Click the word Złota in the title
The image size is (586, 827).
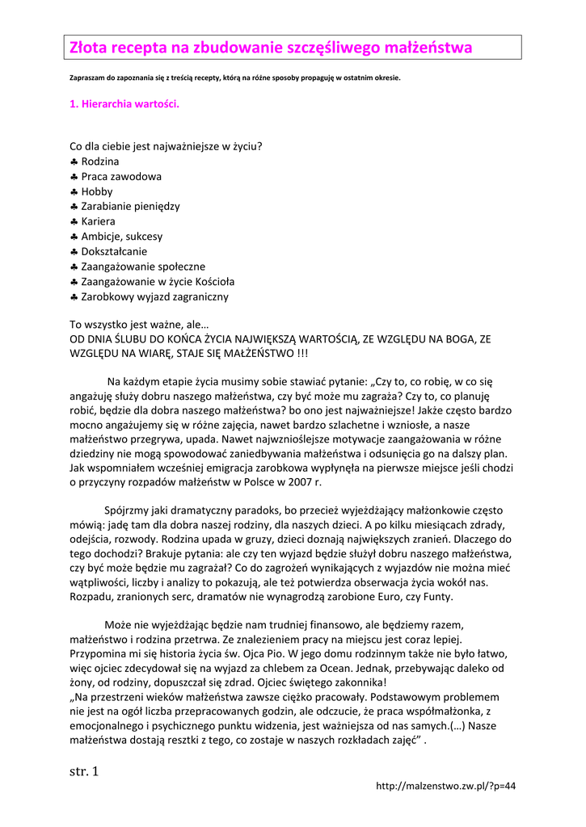pos(87,48)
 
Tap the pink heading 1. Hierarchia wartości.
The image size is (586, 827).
pos(124,104)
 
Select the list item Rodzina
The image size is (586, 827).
pos(100,162)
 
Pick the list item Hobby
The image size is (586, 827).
pos(97,191)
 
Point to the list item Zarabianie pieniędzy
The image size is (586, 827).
pos(130,206)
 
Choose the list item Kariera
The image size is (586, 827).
pos(98,221)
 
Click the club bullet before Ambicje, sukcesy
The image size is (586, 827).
pos(74,237)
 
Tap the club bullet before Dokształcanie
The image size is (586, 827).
pos(74,251)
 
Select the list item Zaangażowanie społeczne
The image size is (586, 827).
pos(143,267)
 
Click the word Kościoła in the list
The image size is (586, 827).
pos(213,281)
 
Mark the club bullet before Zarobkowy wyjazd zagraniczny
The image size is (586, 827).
pos(74,296)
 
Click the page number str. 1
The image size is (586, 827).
pos(84,771)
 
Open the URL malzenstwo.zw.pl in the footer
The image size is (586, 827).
pos(446,786)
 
